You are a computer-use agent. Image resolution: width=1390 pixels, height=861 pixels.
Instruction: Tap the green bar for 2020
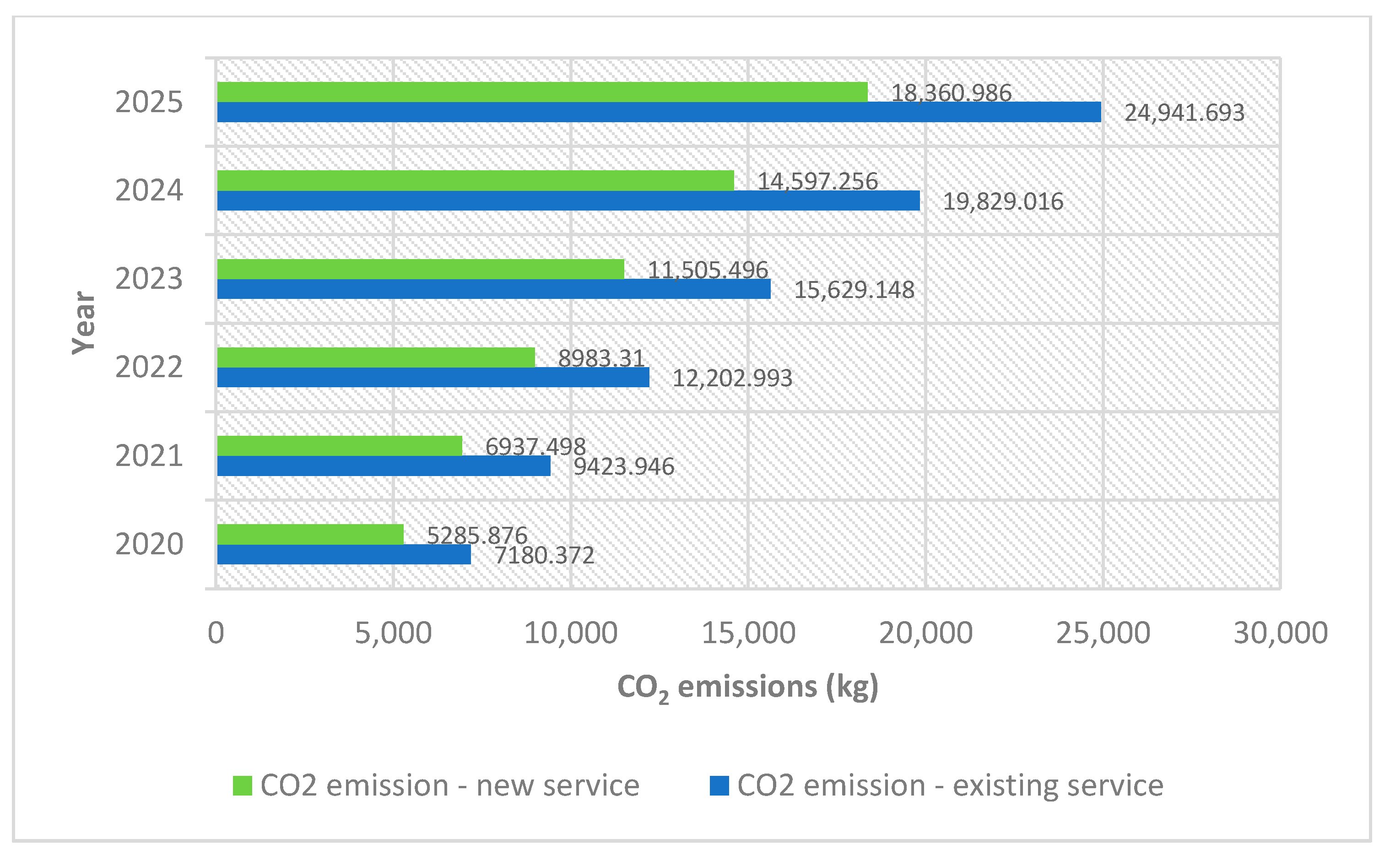pos(310,534)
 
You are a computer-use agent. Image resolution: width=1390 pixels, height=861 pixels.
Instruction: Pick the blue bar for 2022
pos(433,378)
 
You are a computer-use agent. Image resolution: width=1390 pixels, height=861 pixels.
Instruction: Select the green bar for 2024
pos(475,180)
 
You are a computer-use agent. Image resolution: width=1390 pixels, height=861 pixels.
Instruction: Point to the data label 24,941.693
pos(1184,113)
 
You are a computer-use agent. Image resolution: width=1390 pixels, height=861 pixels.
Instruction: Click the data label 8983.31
pos(600,358)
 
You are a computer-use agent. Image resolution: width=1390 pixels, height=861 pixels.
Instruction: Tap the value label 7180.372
pos(544,555)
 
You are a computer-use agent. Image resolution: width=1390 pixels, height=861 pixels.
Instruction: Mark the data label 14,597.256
pos(817,181)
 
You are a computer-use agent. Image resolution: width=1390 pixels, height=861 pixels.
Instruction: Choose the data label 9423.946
pos(623,466)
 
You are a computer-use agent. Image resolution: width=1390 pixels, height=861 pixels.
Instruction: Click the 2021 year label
pos(149,455)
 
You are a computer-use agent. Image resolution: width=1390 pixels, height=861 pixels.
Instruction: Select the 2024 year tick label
pos(149,190)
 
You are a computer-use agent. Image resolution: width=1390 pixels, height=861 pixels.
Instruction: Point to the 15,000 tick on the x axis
pos(748,633)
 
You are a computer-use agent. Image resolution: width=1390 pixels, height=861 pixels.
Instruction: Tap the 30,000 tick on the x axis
pos(1280,633)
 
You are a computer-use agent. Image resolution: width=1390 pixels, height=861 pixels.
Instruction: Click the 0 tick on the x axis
pos(216,633)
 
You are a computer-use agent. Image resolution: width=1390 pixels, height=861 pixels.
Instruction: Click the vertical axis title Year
pos(84,323)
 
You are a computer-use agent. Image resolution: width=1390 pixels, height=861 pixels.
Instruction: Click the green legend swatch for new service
pos(243,786)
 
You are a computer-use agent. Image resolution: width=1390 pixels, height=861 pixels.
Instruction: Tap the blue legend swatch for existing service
pos(719,786)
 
